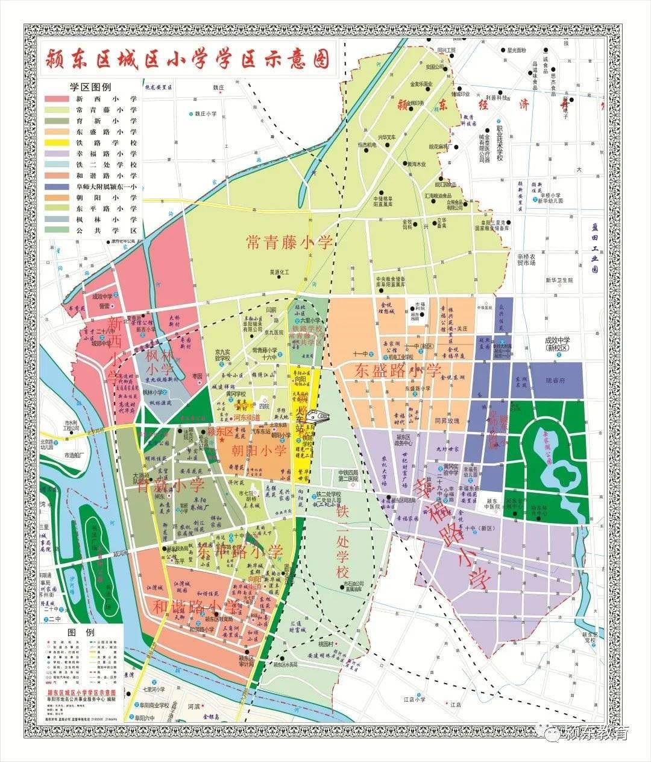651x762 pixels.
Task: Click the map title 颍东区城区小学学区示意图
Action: [x=189, y=60]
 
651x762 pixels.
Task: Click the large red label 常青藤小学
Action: [x=289, y=243]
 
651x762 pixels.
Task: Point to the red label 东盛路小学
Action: [x=398, y=370]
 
